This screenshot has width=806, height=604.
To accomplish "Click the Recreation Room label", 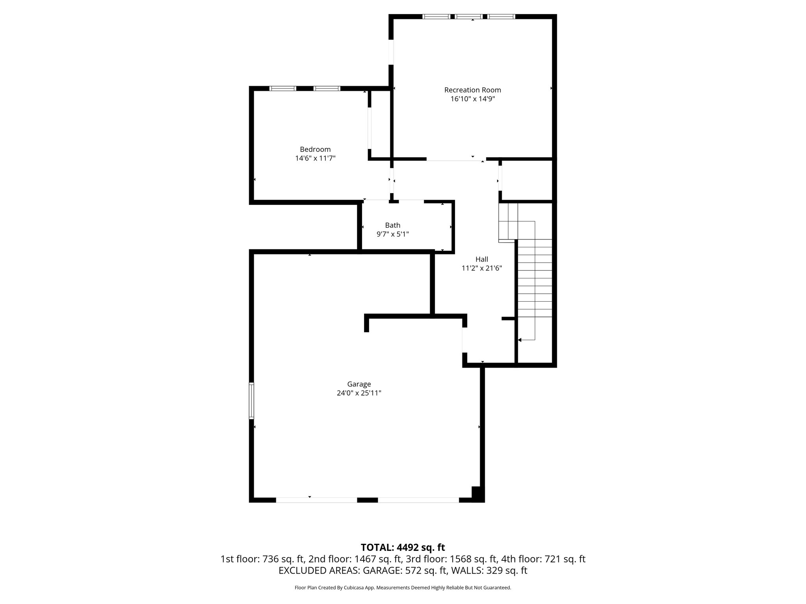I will (x=472, y=90).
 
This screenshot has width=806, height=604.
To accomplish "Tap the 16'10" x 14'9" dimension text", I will (x=472, y=99).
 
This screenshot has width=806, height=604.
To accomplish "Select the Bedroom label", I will (x=315, y=149).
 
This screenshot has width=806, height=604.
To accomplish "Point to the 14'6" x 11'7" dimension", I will (x=315, y=158).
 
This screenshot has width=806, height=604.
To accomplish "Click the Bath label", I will (x=392, y=225).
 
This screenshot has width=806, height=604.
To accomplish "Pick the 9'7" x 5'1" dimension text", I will (x=392, y=234).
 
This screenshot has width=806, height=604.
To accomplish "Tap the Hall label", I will (x=482, y=259).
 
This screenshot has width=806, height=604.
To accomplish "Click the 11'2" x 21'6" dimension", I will (x=482, y=269).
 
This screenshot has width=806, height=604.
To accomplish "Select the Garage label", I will (x=359, y=384).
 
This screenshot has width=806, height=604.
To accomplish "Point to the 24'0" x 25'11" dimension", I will (x=359, y=393).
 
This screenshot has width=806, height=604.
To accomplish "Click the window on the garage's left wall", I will (x=251, y=400).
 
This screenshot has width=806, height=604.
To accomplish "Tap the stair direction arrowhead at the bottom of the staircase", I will (x=520, y=340).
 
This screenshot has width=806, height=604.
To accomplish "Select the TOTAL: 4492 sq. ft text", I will (x=403, y=547).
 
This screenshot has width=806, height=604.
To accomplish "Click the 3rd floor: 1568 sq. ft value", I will (x=452, y=559).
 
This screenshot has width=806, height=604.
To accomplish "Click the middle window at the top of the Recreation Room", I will (x=469, y=17).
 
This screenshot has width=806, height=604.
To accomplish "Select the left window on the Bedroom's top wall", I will (x=283, y=88).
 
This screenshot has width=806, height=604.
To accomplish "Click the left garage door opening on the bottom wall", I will (x=316, y=500).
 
